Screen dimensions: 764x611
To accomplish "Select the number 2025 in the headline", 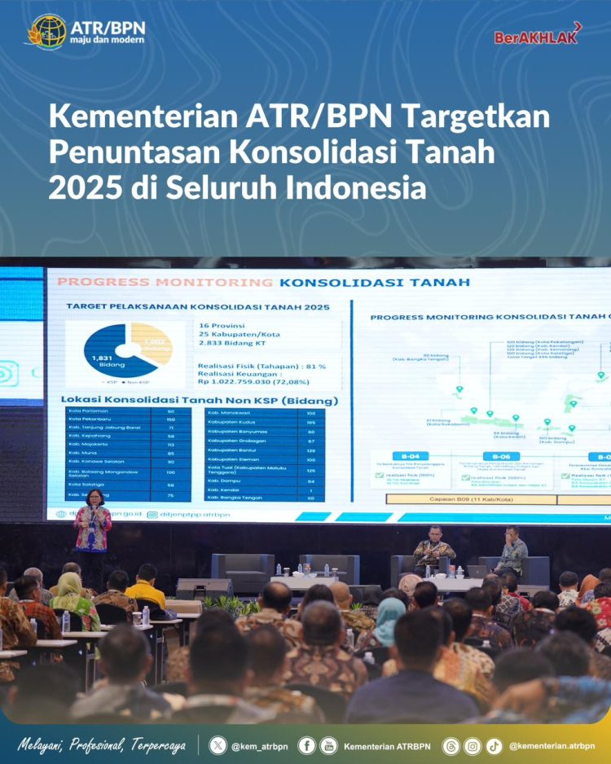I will coord(85,187).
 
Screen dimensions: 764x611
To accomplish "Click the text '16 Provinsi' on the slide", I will coord(222,325).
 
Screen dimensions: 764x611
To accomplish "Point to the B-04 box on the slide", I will coord(412,456).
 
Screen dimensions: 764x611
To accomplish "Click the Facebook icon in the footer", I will coord(307,745).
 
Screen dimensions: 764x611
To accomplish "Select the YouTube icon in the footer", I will coord(327,745).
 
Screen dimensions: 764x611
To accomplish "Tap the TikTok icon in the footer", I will coord(495,745).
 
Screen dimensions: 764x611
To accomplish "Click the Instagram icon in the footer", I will coord(473,745).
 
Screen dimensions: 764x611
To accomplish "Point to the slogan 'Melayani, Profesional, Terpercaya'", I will coord(103,745).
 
